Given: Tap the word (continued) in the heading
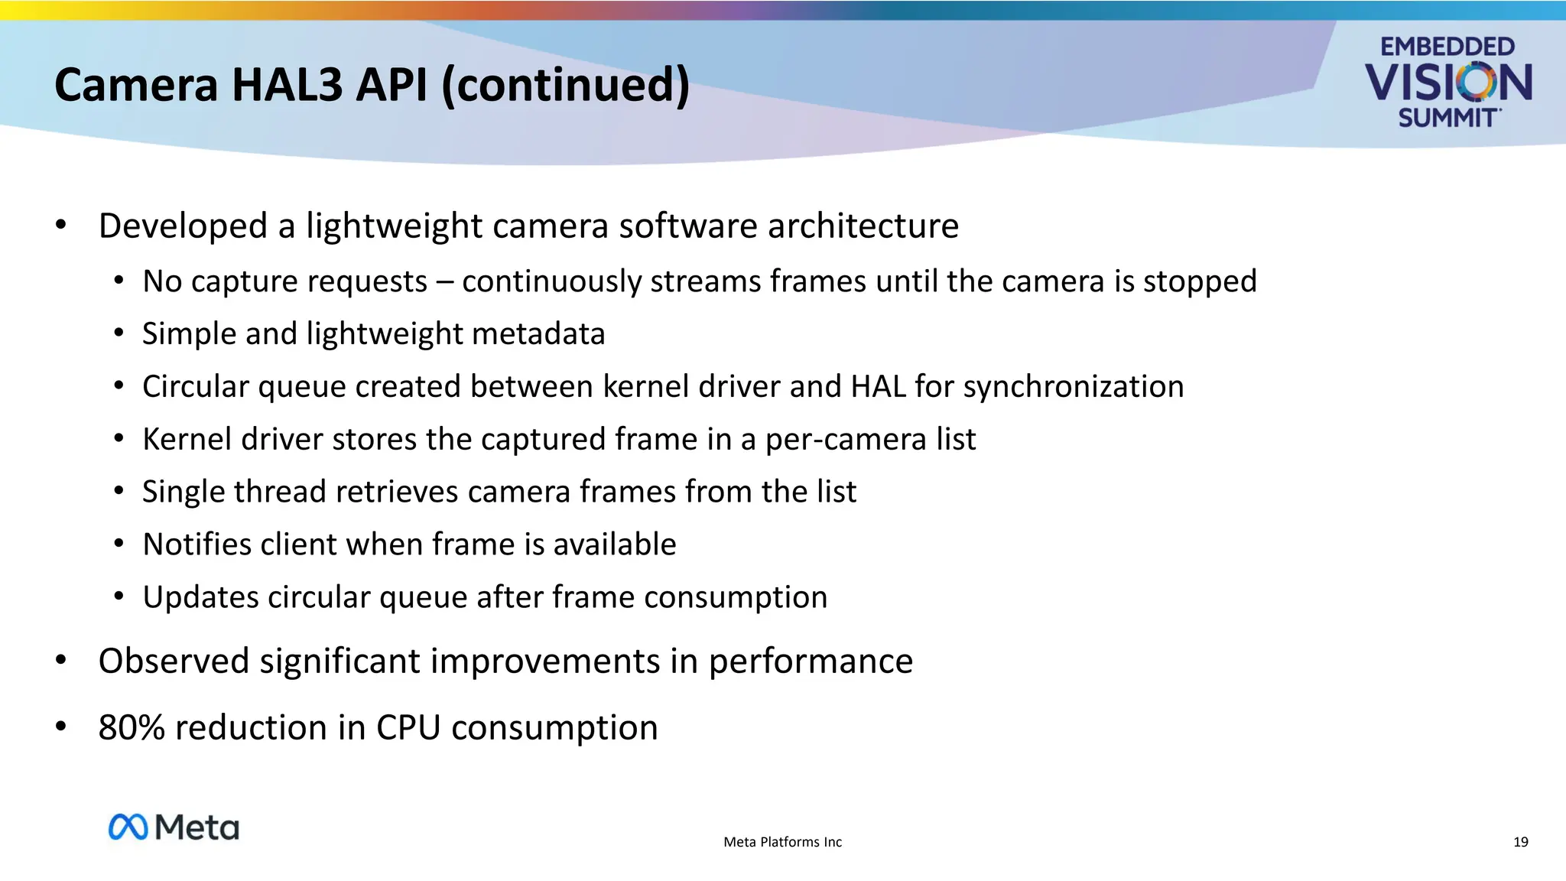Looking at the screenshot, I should coord(566,85).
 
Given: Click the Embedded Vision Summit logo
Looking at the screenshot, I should coord(1447,82).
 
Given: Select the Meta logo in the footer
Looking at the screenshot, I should coord(174,827).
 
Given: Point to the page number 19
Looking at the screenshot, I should coord(1520,842).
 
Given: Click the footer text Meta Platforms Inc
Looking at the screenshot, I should coord(782,842).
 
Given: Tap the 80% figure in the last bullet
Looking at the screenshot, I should coord(132,727).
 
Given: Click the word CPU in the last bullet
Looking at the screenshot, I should coord(408,727).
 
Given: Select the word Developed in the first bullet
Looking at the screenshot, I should coord(183,226).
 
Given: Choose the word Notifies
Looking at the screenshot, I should coord(197,545).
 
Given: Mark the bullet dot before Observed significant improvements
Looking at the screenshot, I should coord(61,660).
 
